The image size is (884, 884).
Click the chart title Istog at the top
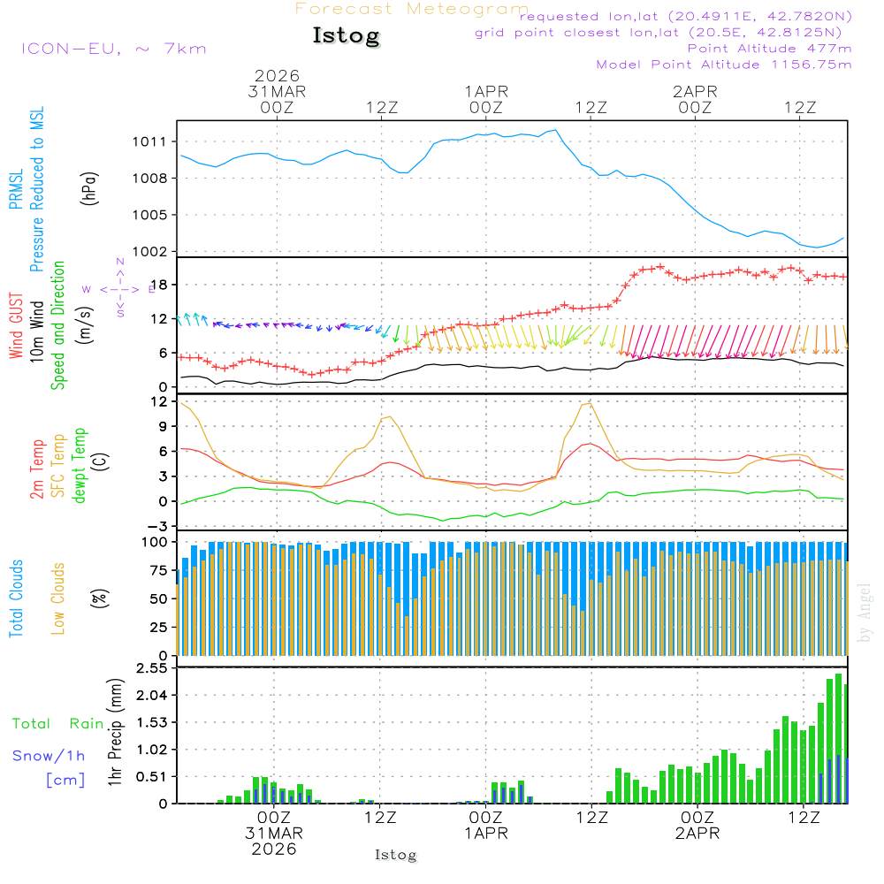(x=346, y=36)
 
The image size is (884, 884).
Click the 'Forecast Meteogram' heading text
(x=412, y=10)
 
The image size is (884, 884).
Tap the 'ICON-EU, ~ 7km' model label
(x=113, y=49)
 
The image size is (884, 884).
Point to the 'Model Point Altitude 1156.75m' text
(x=724, y=65)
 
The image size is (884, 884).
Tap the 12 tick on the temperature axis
(x=160, y=401)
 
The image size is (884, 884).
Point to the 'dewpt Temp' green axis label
(x=80, y=466)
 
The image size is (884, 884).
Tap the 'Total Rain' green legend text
(x=58, y=724)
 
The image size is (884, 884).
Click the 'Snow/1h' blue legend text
(x=49, y=756)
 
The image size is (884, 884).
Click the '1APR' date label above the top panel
(x=486, y=91)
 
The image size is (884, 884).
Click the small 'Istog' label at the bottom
(x=395, y=856)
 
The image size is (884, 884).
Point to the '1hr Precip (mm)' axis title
(x=115, y=732)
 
